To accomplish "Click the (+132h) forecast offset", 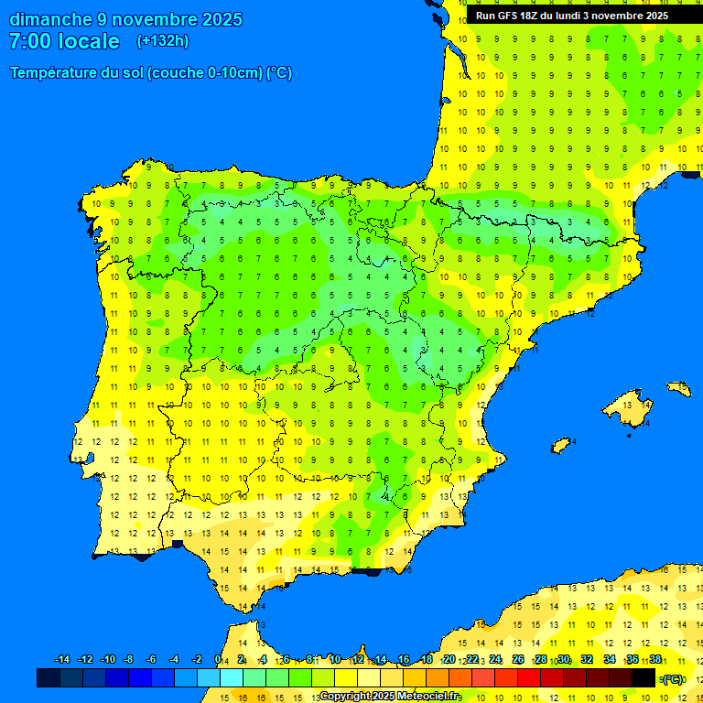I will pyautogui.click(x=163, y=41).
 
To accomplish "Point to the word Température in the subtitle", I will pyautogui.click(x=55, y=73).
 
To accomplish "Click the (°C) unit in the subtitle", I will pyautogui.click(x=279, y=73).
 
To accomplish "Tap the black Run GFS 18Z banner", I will pyautogui.click(x=571, y=16).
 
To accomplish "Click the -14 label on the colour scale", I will pyautogui.click(x=62, y=660).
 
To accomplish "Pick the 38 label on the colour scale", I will pyautogui.click(x=655, y=660).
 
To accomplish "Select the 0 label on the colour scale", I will pyautogui.click(x=218, y=660).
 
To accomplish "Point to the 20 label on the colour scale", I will pyautogui.click(x=449, y=660).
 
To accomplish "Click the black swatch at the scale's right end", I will pyautogui.click(x=644, y=678).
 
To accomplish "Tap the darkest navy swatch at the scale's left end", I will pyautogui.click(x=49, y=678).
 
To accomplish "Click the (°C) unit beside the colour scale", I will pyautogui.click(x=673, y=679).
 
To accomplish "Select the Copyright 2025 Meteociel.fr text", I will pyautogui.click(x=390, y=697).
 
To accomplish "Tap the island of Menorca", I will pyautogui.click(x=678, y=389).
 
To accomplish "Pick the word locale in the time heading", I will pyautogui.click(x=91, y=41).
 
